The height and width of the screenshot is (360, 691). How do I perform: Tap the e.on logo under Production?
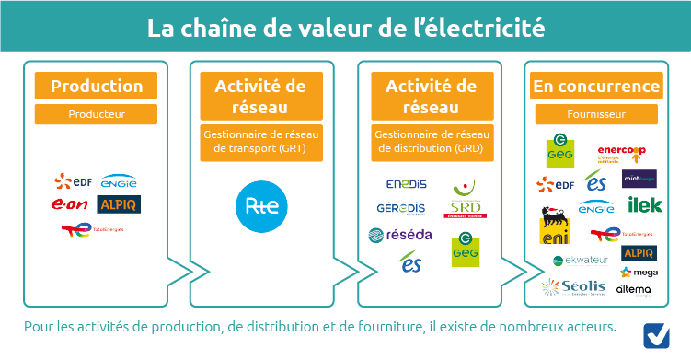click(71, 203)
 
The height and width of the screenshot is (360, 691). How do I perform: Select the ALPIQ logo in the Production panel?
click(119, 203)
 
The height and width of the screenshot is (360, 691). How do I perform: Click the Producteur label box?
click(96, 114)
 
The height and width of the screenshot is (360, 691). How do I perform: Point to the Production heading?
click(96, 87)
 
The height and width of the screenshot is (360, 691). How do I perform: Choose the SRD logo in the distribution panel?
click(466, 208)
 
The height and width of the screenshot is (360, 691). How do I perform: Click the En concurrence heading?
click(596, 87)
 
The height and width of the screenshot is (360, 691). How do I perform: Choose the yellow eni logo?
click(554, 231)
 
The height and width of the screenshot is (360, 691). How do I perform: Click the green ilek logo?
click(639, 204)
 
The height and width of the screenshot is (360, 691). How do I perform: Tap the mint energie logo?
click(639, 178)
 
